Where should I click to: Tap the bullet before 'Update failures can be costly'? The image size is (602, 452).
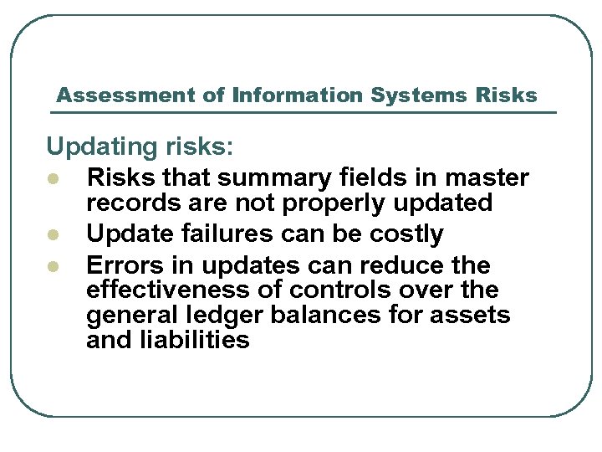(53, 235)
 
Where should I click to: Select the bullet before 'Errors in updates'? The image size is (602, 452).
(53, 267)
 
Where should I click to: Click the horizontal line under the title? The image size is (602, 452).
(305, 112)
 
